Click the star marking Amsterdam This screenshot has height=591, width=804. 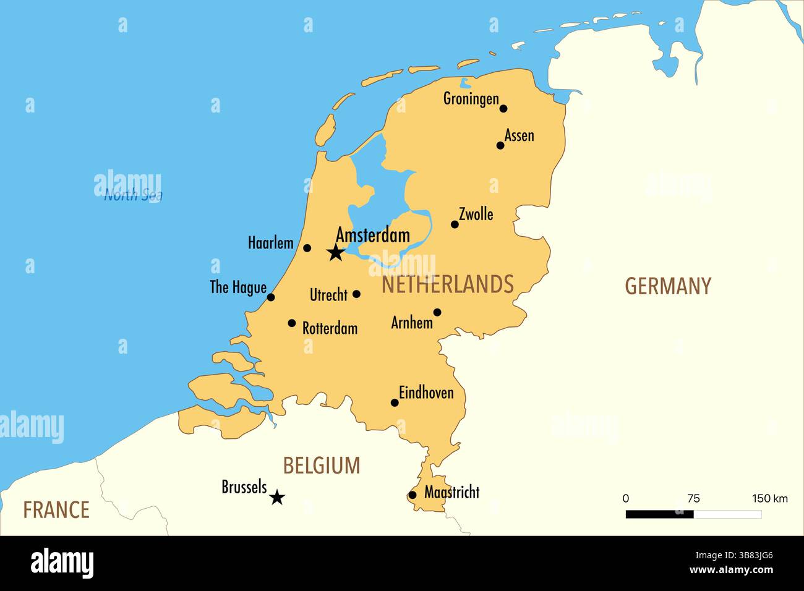(x=335, y=252)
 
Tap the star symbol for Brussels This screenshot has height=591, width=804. (x=277, y=497)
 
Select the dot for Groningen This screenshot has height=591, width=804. (x=503, y=109)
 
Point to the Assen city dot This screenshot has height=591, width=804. (x=500, y=146)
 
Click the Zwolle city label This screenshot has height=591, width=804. (x=476, y=214)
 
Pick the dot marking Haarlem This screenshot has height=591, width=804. (x=307, y=249)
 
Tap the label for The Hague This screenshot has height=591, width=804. (x=238, y=287)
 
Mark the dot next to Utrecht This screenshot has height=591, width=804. (x=356, y=294)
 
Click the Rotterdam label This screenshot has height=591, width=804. (x=330, y=328)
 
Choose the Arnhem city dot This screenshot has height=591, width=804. (x=437, y=312)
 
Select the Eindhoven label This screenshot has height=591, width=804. (x=426, y=393)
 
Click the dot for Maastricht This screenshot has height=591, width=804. (x=413, y=495)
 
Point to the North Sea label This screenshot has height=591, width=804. (x=133, y=195)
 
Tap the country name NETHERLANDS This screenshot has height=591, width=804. (x=448, y=284)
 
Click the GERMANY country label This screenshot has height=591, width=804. (x=668, y=286)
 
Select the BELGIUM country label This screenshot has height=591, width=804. (x=322, y=466)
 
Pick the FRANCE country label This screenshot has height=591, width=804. (x=56, y=510)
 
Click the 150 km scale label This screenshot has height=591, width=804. (x=769, y=498)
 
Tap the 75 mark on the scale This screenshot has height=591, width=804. (x=693, y=498)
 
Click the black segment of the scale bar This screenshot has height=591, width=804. (x=659, y=514)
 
